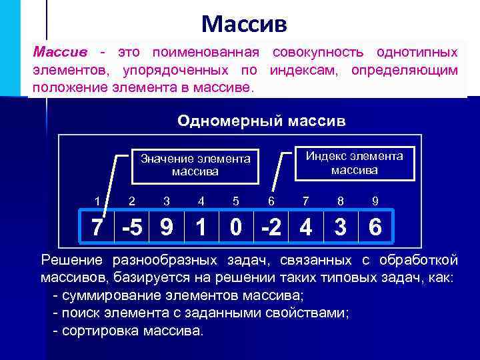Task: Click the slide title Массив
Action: [x=245, y=25]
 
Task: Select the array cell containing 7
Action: [x=97, y=228]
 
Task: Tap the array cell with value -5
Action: [x=132, y=228]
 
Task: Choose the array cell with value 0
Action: [x=236, y=228]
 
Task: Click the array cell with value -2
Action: [x=271, y=228]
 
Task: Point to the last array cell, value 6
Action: [x=375, y=228]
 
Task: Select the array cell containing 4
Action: [x=305, y=228]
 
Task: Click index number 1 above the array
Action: [x=97, y=200]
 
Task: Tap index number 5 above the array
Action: [x=236, y=200]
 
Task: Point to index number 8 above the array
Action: [x=341, y=200]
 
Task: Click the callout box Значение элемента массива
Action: [x=195, y=165]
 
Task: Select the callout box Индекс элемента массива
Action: [x=354, y=163]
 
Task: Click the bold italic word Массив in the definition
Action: [x=61, y=52]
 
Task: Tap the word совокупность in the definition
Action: [x=316, y=52]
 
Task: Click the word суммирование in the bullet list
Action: [x=103, y=295]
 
